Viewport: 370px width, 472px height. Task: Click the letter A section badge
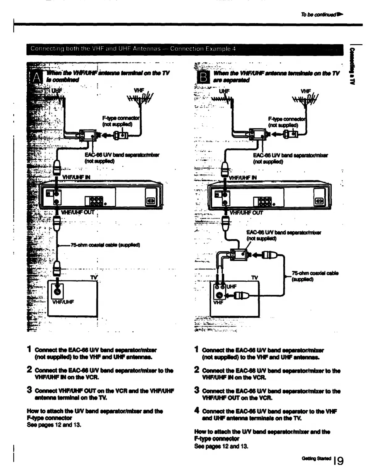36,78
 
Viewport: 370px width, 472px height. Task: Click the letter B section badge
204,78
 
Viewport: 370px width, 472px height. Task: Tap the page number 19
339,461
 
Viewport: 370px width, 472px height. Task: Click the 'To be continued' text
321,14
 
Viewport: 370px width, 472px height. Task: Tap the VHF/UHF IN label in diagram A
76,177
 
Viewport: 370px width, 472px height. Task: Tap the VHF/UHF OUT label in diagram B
246,213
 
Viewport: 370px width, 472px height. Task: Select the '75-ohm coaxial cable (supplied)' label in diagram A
105,245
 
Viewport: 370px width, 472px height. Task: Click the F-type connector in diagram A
121,135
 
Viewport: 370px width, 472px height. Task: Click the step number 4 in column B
197,411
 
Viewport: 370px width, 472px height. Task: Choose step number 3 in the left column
30,390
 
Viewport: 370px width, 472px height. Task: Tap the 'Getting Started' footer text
316,458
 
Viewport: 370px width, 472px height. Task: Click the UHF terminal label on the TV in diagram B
232,286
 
